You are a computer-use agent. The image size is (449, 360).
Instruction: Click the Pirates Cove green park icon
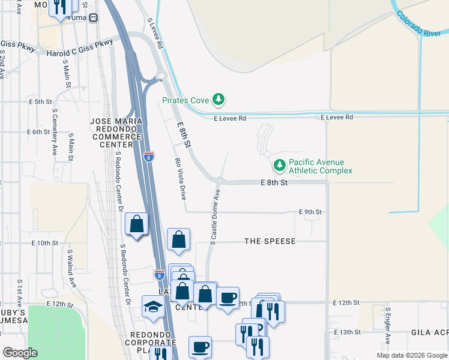pos(220,100)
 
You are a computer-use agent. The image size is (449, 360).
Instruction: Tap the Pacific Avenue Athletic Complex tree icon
pos(279,164)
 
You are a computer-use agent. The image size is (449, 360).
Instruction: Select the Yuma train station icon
pos(94,17)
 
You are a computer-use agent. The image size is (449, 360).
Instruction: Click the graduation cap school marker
pos(153,307)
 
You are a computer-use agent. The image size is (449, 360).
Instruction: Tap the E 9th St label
pos(310,212)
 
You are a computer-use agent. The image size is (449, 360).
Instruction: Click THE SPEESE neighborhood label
pos(270,241)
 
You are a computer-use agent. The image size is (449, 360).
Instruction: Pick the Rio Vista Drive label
pos(179,178)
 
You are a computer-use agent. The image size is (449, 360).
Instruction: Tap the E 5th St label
pos(41,102)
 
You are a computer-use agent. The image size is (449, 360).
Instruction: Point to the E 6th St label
pos(38,131)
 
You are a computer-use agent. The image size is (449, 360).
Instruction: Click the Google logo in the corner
pos(20,353)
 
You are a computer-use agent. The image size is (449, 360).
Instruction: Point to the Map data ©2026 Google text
pos(411,355)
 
